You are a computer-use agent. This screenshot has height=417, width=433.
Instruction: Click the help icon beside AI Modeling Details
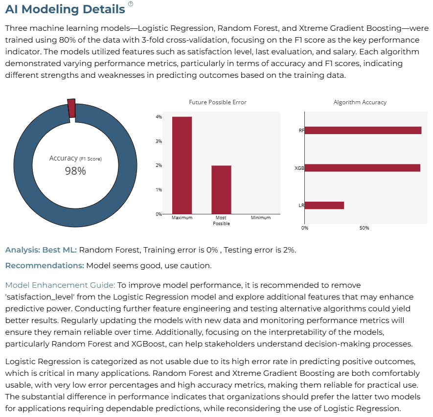pyautogui.click(x=131, y=4)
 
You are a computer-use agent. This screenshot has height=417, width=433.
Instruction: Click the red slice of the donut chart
pyautogui.click(x=71, y=108)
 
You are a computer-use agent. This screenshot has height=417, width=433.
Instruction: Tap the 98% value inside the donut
pyautogui.click(x=75, y=171)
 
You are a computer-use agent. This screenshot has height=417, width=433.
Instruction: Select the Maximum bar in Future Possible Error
pyautogui.click(x=182, y=165)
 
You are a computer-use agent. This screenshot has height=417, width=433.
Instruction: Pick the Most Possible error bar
pyautogui.click(x=221, y=190)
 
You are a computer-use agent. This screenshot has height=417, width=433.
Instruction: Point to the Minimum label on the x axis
pyautogui.click(x=261, y=218)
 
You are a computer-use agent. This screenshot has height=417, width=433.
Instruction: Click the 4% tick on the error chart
pyautogui.click(x=159, y=117)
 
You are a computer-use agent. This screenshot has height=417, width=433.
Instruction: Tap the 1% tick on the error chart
pyautogui.click(x=159, y=190)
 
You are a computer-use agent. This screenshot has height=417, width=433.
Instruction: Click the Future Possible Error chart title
pyautogui.click(x=218, y=102)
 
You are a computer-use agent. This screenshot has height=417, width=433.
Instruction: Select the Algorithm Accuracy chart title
pyautogui.click(x=360, y=102)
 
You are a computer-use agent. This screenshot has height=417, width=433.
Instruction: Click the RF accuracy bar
pyautogui.click(x=363, y=130)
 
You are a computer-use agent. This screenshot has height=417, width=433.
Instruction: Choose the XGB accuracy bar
pyautogui.click(x=363, y=168)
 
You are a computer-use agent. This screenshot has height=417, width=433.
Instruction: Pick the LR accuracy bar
pyautogui.click(x=324, y=206)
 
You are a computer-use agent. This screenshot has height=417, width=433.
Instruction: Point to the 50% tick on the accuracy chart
pyautogui.click(x=364, y=228)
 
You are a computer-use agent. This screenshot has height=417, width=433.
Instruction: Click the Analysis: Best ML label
pyautogui.click(x=41, y=250)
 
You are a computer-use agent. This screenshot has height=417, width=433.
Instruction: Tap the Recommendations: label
pyautogui.click(x=45, y=266)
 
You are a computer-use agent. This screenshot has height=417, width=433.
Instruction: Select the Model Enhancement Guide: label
pyautogui.click(x=60, y=285)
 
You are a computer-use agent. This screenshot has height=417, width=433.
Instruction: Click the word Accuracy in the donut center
pyautogui.click(x=63, y=158)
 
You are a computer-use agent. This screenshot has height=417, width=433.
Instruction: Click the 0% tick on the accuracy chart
pyautogui.click(x=305, y=228)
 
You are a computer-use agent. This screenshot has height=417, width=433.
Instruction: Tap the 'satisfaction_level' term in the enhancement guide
pyautogui.click(x=40, y=297)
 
